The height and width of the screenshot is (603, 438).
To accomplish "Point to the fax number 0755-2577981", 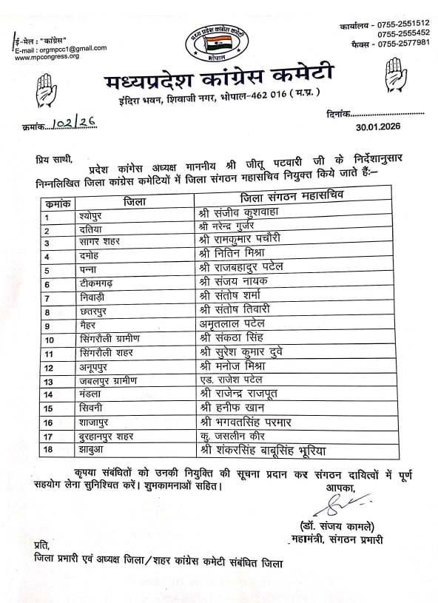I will tap(393, 43).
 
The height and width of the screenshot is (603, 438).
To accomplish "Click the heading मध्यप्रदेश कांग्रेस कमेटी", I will tap(220, 75).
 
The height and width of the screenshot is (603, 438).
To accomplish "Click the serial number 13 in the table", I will tap(49, 381).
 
